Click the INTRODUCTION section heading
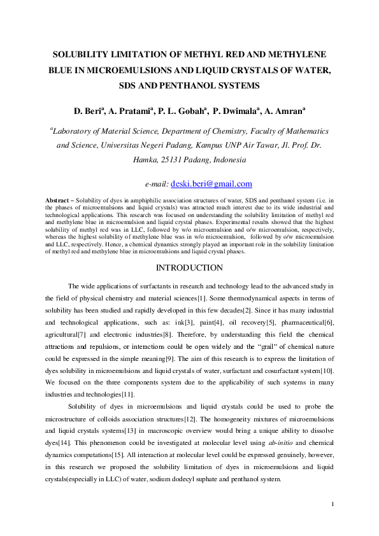click(x=189, y=267)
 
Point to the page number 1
click(x=333, y=504)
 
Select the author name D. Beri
click(x=87, y=111)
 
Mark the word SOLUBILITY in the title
click(x=83, y=55)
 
